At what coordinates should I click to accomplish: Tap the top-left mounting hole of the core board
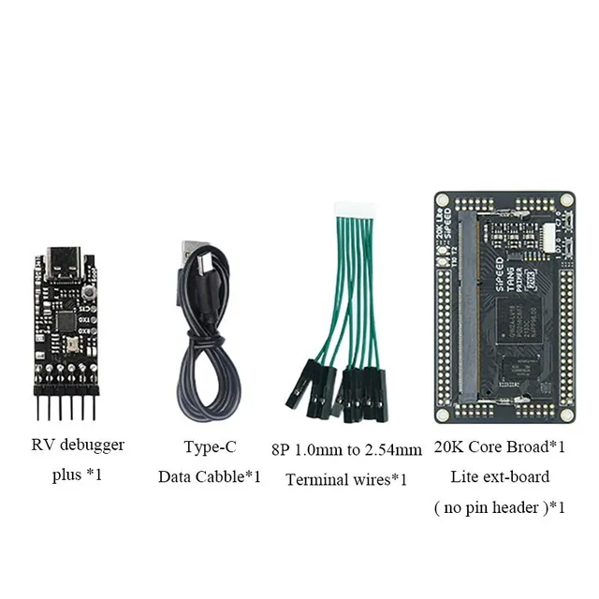tap(443, 200)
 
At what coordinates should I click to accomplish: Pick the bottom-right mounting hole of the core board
tap(566, 412)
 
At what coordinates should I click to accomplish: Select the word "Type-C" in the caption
tap(208, 446)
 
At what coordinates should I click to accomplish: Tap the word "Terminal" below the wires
tap(315, 480)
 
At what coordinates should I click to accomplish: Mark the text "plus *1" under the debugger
tap(76, 475)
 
